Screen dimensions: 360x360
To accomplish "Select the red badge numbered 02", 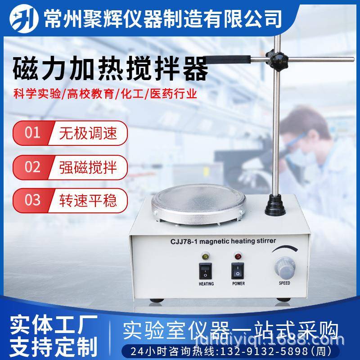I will click(x=32, y=167).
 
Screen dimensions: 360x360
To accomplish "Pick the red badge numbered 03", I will click(x=32, y=199).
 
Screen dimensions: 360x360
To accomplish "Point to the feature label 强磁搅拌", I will click(x=88, y=167).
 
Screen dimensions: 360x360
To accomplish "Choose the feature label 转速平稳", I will click(x=88, y=199).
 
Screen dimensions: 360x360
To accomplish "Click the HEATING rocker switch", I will click(x=206, y=270).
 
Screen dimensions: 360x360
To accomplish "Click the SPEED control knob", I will click(x=284, y=269).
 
